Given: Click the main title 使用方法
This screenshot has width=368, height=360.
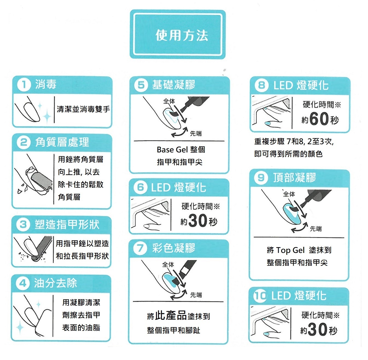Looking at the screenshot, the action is click(x=182, y=36).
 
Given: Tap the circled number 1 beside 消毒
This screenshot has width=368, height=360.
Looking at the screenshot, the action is click(x=24, y=85).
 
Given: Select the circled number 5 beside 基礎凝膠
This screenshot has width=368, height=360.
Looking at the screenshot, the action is click(x=141, y=85).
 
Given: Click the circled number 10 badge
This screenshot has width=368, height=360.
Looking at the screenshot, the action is click(x=260, y=296).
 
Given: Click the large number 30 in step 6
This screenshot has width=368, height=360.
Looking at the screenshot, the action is click(x=198, y=220).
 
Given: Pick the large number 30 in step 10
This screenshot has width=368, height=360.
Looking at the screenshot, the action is click(x=318, y=329).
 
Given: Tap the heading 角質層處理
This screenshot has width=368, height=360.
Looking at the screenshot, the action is click(x=62, y=142).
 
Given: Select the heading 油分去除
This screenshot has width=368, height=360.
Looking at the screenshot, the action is click(x=56, y=283).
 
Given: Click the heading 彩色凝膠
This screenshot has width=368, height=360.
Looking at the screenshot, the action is click(x=174, y=248).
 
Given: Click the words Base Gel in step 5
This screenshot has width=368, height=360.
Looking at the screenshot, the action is click(x=172, y=150).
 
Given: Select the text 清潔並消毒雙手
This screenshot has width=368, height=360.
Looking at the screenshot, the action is click(x=83, y=109).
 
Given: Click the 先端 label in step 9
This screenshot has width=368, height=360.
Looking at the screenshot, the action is click(x=316, y=229).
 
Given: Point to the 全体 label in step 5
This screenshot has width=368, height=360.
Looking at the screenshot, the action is click(x=169, y=101).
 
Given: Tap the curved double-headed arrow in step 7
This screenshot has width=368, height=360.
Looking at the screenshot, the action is click(x=179, y=295).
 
